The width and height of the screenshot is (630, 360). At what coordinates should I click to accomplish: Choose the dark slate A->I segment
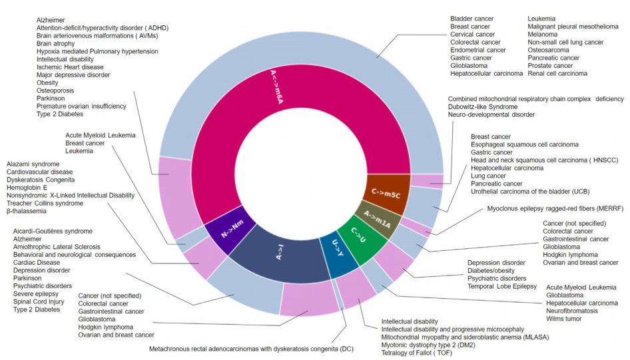(280, 254)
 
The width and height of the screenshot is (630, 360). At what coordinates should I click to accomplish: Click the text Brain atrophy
(56, 43)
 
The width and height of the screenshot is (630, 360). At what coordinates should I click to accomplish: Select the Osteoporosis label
(55, 90)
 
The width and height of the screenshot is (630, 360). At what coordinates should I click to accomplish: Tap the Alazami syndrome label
(33, 164)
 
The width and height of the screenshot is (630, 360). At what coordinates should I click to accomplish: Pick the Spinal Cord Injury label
(41, 302)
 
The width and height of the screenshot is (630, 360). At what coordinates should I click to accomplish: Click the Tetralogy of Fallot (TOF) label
(420, 353)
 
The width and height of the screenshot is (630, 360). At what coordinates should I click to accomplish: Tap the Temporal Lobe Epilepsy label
(501, 286)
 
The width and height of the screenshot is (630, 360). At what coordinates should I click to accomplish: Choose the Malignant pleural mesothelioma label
(573, 26)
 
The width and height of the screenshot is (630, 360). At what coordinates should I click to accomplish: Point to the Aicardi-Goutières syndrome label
(53, 231)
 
